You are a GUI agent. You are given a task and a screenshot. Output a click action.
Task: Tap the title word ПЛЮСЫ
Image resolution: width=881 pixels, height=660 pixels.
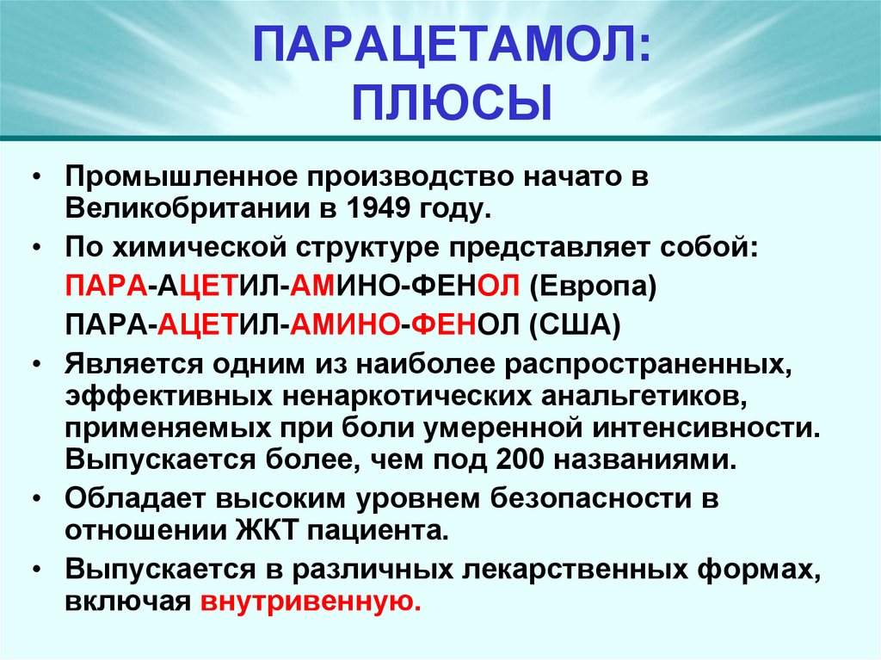coord(451,101)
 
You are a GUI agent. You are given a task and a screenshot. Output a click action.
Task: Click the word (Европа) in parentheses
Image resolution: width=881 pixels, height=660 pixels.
coord(593,286)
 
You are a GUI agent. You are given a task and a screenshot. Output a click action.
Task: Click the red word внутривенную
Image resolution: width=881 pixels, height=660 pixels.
coord(311,602)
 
